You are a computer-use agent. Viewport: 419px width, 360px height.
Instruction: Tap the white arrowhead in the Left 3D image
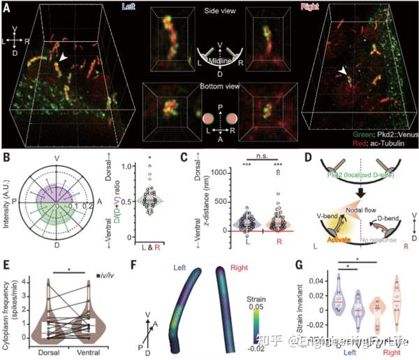[x=64, y=61]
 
